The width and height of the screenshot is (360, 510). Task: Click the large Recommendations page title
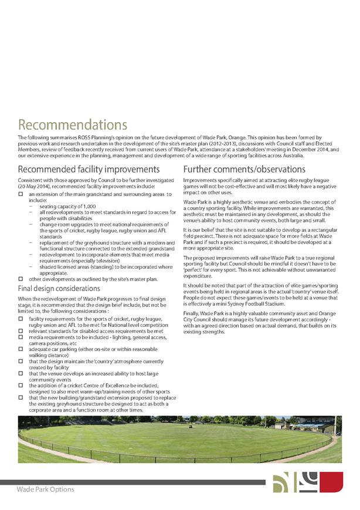click(73, 125)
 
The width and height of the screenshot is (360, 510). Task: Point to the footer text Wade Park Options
click(45, 489)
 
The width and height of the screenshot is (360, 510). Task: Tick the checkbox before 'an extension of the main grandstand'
click(21, 193)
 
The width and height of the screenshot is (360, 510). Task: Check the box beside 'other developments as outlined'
click(21, 279)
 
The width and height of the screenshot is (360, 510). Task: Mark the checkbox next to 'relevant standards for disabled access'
click(21, 331)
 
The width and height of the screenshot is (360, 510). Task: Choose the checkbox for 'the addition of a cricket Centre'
click(21, 385)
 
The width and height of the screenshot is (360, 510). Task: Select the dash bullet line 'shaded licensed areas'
click(99, 267)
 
